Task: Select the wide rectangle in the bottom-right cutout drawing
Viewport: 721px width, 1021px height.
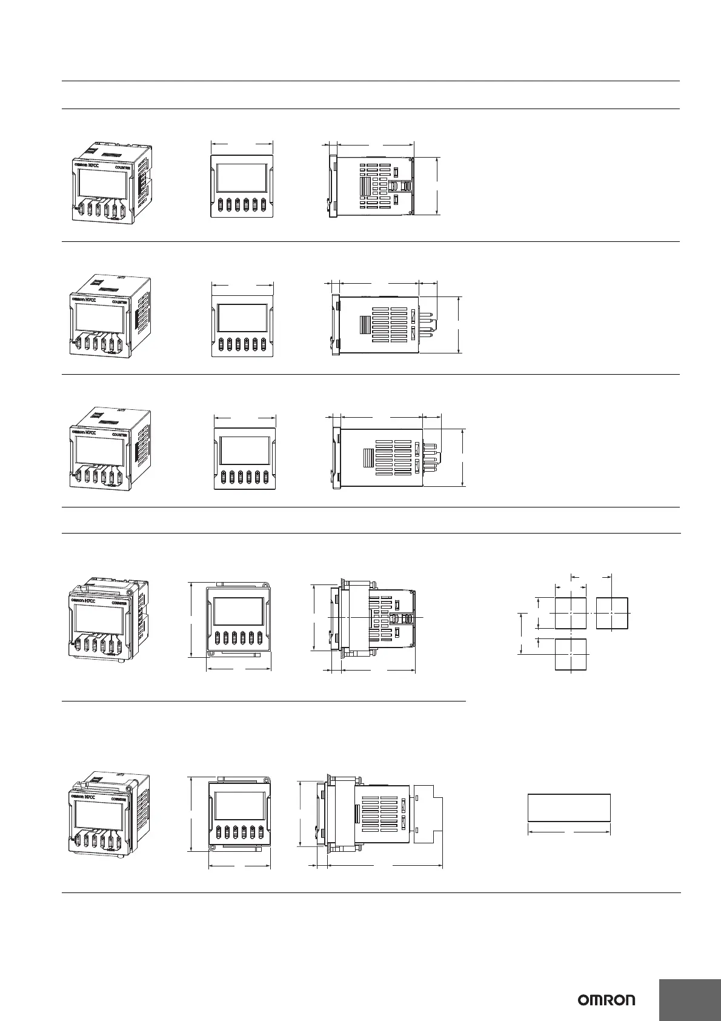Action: (569, 807)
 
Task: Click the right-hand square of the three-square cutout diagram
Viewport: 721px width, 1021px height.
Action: (612, 613)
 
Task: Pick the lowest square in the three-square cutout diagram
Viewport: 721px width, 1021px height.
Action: (571, 655)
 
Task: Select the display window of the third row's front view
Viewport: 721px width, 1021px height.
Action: (245, 451)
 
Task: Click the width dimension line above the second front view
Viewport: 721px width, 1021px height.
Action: (242, 284)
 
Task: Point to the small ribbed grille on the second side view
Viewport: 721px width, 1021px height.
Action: (365, 325)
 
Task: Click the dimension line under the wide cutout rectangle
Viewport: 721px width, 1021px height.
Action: (569, 832)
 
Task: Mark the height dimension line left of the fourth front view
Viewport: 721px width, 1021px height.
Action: (191, 620)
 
